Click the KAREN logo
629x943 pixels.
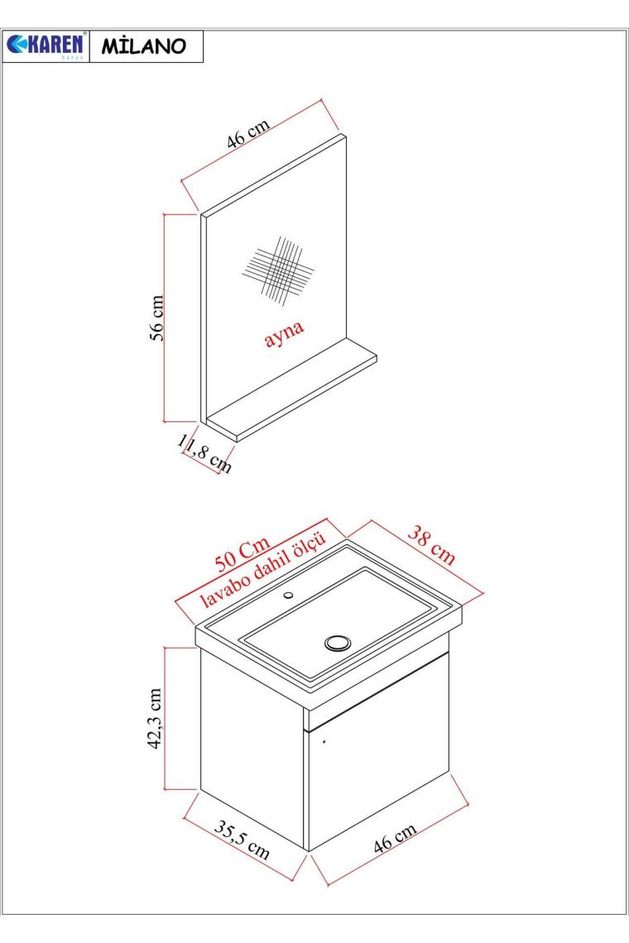coord(46,45)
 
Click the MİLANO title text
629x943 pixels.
coord(144,46)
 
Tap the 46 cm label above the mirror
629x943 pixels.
coord(248,133)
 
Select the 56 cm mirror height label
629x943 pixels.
coord(156,318)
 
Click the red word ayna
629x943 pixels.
coord(285,333)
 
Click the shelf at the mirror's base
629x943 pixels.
coord(291,390)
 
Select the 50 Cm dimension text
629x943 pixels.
coord(242,554)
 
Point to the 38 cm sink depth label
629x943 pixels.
coord(431,545)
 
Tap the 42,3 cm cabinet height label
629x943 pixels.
coord(156,718)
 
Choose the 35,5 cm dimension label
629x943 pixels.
coord(242,840)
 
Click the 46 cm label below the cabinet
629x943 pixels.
coord(395,838)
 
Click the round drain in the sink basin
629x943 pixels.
coord(337,643)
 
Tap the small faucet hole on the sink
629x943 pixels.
coord(288,596)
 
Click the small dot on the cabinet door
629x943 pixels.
coord(324,741)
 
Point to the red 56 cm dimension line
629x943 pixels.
coord(165,318)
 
